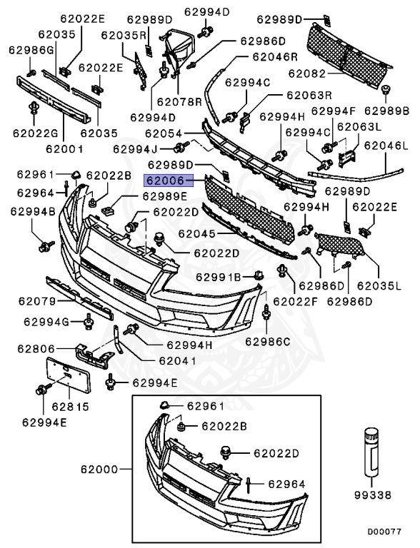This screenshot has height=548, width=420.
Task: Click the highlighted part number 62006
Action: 165,181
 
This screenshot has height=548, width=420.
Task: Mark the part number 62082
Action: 307,73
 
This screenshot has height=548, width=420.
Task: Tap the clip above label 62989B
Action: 386,90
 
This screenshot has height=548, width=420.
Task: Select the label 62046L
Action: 386,146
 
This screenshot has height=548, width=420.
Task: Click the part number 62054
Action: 163,133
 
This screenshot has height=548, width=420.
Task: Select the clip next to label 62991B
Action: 256,275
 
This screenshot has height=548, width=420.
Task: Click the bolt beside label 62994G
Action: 88,323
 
